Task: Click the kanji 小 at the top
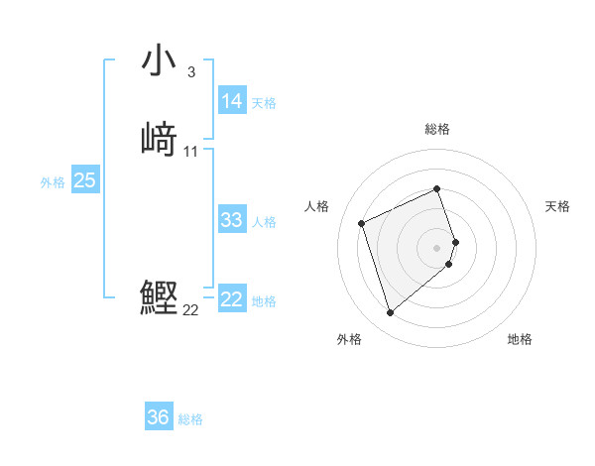160,60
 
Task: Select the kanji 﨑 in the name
160,140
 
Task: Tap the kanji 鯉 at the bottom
160,298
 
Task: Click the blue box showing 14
232,101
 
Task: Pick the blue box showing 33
232,220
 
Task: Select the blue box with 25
85,180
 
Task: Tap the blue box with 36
159,417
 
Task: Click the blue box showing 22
232,299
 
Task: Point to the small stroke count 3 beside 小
190,72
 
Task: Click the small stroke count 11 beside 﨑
191,152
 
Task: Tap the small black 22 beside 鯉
191,310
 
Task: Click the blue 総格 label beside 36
190,420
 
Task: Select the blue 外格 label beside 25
53,182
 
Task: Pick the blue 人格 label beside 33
265,222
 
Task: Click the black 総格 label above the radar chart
437,129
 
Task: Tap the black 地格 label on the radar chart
520,339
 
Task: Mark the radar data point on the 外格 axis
391,313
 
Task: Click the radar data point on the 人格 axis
363,222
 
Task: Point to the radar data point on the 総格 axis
437,188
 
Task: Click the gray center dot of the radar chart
437,247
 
